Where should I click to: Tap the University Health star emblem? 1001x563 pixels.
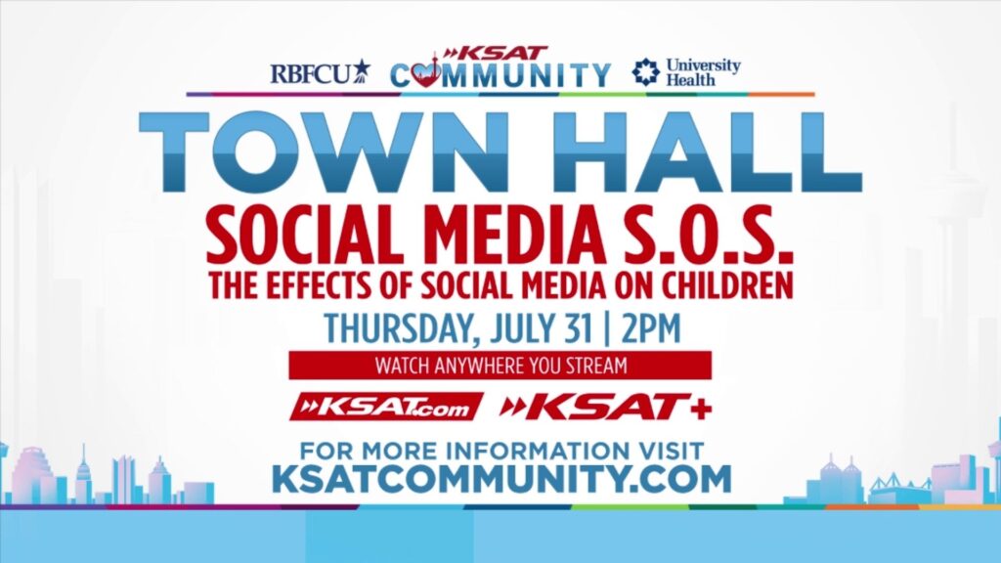tap(645, 72)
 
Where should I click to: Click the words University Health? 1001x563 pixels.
tap(703, 72)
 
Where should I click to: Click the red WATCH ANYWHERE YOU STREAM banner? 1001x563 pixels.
tap(500, 366)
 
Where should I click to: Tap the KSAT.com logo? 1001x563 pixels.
tap(387, 407)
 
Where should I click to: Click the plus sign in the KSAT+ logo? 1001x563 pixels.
tap(699, 407)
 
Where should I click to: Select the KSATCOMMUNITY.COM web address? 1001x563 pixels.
tap(500, 479)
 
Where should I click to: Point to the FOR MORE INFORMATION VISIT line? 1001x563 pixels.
tap(500, 451)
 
